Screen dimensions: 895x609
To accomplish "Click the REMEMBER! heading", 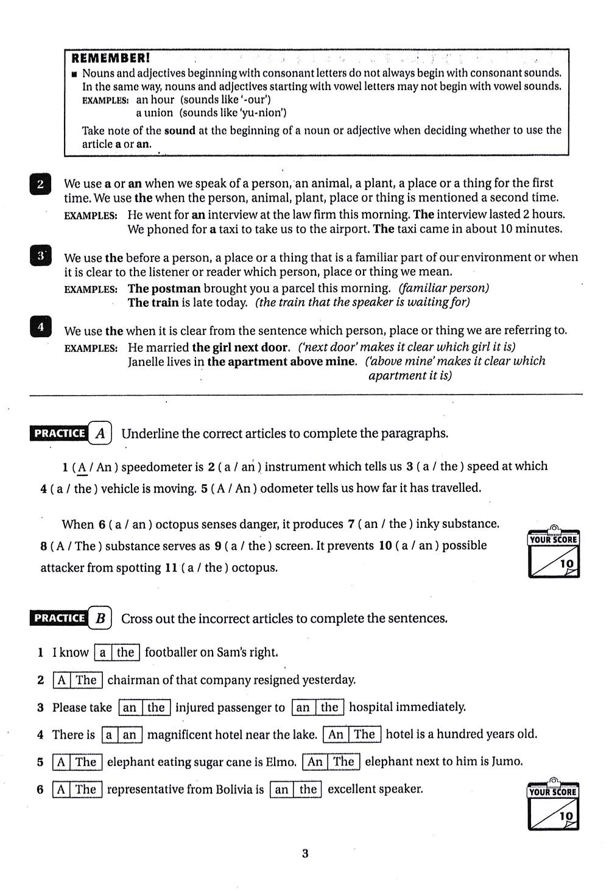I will click(x=110, y=58).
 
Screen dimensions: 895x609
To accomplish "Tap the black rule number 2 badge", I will click(x=40, y=184).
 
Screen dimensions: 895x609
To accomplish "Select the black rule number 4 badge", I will click(x=40, y=327).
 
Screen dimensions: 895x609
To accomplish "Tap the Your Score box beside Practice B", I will click(x=553, y=807).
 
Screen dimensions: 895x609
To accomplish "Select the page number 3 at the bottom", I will click(x=305, y=854).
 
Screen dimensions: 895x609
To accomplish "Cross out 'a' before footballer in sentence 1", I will click(x=103, y=653).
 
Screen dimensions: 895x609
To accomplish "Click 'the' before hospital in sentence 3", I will click(x=329, y=707).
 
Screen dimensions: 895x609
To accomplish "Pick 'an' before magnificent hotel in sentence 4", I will click(x=130, y=735).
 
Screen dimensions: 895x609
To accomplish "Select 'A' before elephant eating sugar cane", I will click(x=61, y=762).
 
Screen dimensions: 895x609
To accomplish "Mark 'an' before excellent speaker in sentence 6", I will click(x=281, y=790).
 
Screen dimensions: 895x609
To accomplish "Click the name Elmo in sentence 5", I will click(x=281, y=762).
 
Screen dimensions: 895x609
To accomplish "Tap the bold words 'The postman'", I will click(x=164, y=289).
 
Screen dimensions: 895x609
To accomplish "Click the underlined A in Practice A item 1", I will click(x=81, y=467).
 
